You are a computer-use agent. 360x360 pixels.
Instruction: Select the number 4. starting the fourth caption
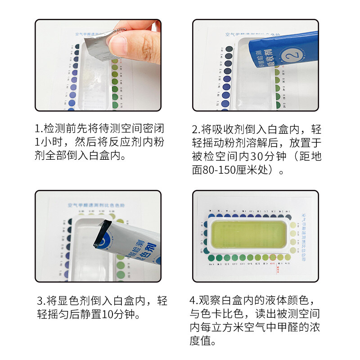(x=193, y=300)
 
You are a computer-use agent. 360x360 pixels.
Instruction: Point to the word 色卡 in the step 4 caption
(x=211, y=314)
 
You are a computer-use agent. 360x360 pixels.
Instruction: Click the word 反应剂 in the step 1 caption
(x=121, y=142)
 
